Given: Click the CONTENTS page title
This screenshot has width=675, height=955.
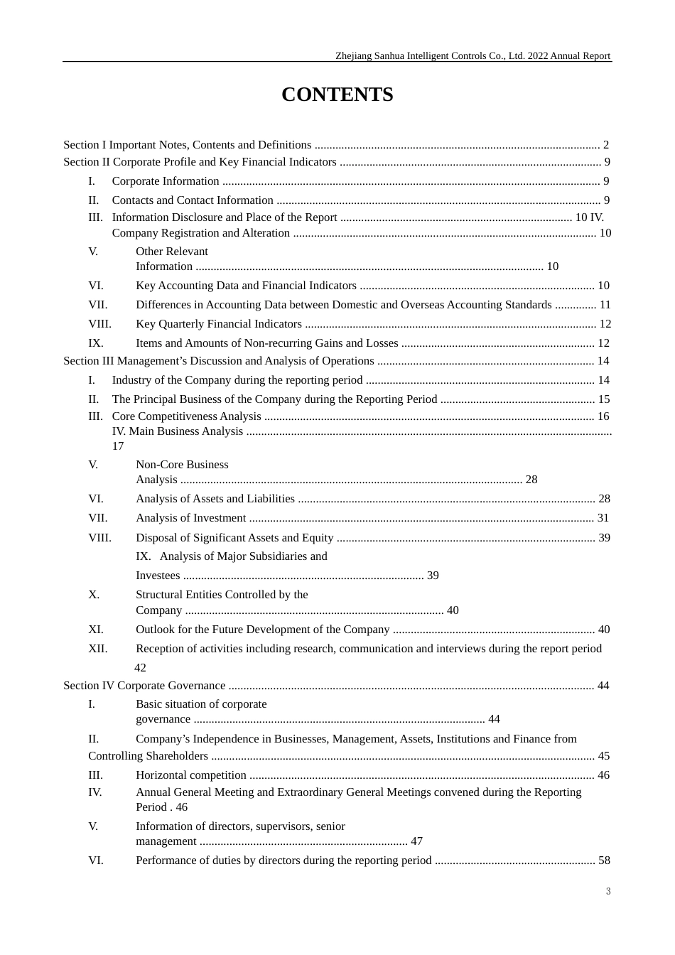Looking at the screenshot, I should [x=337, y=95].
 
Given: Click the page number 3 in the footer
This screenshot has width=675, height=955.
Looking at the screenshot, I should [x=608, y=891].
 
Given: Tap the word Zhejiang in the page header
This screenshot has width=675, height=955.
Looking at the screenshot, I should [x=354, y=56].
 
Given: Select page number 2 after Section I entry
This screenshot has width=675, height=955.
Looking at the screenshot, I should [x=606, y=145].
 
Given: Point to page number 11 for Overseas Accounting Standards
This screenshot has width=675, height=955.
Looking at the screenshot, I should [x=605, y=305].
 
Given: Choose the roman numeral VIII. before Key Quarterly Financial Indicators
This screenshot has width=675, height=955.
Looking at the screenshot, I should [x=100, y=324].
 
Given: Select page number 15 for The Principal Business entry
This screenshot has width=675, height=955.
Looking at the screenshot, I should [x=604, y=399].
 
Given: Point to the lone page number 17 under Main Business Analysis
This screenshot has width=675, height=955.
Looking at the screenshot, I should [x=118, y=446].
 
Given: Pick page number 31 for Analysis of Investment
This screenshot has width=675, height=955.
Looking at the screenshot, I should [x=603, y=518].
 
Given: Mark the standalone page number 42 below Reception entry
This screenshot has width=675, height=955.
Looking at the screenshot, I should [x=140, y=668].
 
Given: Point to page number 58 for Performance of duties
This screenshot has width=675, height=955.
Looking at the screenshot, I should [x=605, y=860].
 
